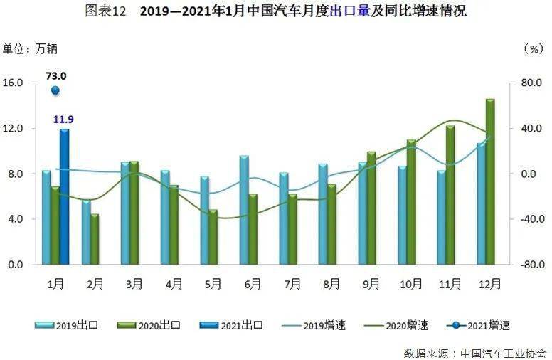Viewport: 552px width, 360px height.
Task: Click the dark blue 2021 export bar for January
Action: click(65, 196)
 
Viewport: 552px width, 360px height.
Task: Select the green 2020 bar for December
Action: click(490, 181)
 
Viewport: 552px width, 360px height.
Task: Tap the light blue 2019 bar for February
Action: click(86, 233)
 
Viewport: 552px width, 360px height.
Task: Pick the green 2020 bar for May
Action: click(213, 237)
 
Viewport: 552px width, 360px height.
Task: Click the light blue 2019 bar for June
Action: click(244, 210)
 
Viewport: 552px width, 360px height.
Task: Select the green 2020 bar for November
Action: click(450, 195)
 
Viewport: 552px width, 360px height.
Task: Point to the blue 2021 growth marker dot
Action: click(55, 90)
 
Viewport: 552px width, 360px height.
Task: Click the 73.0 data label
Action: click(56, 75)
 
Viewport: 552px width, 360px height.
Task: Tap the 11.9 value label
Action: click(63, 120)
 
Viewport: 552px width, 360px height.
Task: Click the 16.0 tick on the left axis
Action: click(13, 83)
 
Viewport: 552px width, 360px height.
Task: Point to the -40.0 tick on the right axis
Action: click(532, 218)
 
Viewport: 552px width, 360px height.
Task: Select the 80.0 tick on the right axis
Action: click(531, 83)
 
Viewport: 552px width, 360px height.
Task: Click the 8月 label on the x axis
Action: click(331, 284)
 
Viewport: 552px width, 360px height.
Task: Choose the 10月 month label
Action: click(411, 284)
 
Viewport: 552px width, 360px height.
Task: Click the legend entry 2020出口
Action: click(149, 325)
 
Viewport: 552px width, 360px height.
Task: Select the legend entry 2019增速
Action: click(314, 325)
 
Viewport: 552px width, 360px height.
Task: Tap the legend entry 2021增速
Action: click(478, 325)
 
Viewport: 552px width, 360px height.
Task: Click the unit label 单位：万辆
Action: click(30, 49)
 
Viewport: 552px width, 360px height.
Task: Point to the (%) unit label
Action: click(534, 49)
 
